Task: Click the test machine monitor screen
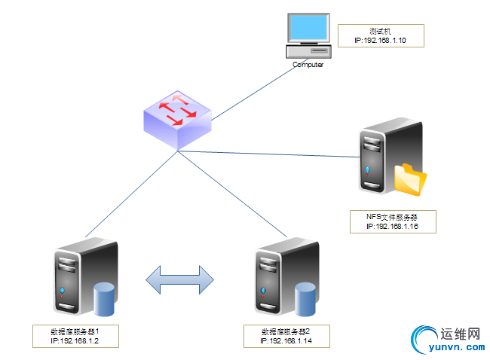point(309,28)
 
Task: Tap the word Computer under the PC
point(308,66)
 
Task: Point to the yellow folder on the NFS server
point(410,179)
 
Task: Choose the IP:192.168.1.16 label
point(391,226)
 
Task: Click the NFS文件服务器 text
point(391,218)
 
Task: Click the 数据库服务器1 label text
point(75,332)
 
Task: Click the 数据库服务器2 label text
point(286,332)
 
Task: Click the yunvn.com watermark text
point(456,348)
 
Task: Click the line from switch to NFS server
point(271,154)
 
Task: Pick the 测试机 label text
point(380,31)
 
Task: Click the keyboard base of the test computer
point(308,51)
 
